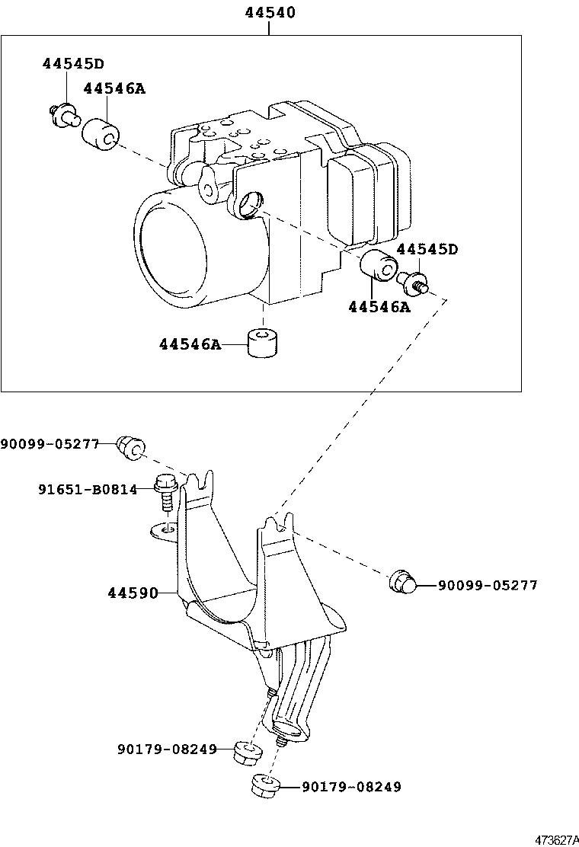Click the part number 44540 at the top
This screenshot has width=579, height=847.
[270, 12]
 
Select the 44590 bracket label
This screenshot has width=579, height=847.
[132, 593]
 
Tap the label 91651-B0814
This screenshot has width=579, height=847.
[88, 489]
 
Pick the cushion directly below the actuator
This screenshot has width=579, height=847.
[261, 345]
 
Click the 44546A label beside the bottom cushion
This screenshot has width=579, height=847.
[189, 345]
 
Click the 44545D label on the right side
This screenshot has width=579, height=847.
[427, 249]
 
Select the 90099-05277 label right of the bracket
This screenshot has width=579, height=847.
[488, 585]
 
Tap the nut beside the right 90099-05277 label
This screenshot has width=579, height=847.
[403, 583]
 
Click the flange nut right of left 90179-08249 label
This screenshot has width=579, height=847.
[248, 752]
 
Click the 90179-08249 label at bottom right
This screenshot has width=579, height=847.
[351, 787]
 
